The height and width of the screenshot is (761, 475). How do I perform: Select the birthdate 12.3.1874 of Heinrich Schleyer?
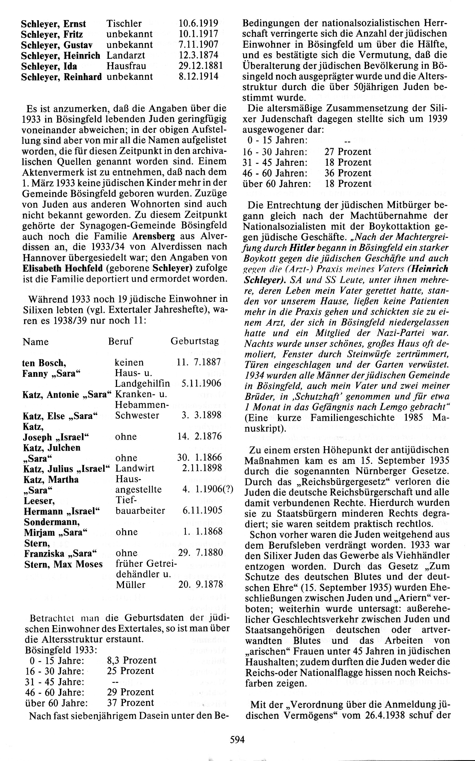(x=198, y=55)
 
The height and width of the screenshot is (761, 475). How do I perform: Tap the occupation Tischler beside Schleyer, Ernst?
(x=124, y=24)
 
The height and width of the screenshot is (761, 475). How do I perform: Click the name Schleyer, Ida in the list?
(x=49, y=66)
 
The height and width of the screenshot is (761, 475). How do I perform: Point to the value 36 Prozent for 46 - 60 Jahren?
(x=348, y=173)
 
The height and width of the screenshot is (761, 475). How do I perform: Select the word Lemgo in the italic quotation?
(x=400, y=407)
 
